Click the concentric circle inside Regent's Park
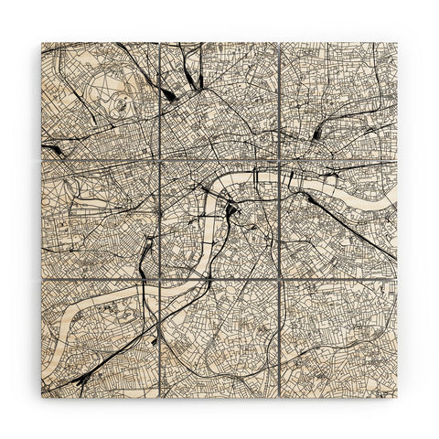click(x=120, y=105)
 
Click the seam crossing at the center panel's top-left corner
click(x=160, y=160)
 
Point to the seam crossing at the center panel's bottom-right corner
click(x=279, y=279)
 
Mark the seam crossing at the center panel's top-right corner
click(x=279, y=160)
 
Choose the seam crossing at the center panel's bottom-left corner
click(x=160, y=279)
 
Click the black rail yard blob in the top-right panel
click(x=316, y=134)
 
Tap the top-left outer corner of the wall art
click(x=42, y=42)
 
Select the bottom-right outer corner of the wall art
click(x=397, y=397)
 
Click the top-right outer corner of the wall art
click(x=397, y=42)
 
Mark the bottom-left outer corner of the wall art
click(x=42, y=397)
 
